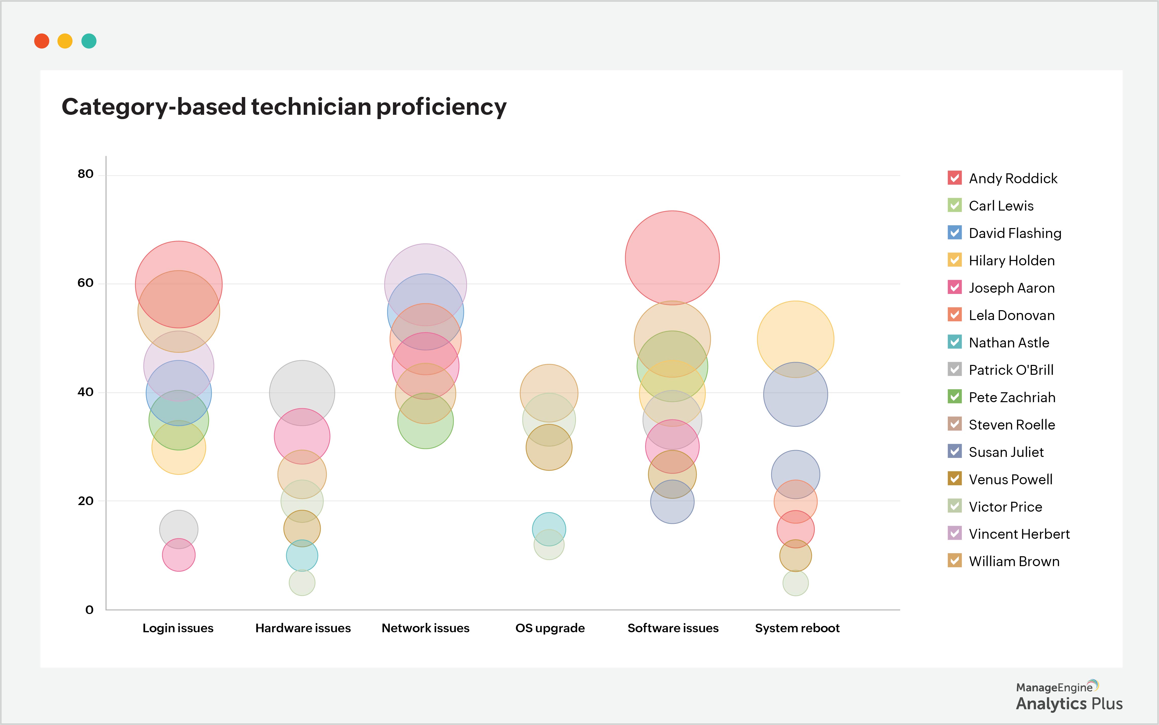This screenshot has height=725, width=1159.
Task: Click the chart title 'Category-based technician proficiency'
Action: (x=284, y=106)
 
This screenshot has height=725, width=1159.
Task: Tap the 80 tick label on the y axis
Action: (x=85, y=174)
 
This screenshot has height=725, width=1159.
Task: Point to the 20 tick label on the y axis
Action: (x=85, y=501)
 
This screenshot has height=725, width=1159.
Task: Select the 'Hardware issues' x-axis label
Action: (x=303, y=628)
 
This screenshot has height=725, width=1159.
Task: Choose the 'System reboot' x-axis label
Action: (x=797, y=628)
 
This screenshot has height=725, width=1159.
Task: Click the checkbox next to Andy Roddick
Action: (x=954, y=178)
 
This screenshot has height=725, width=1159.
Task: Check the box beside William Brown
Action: (x=954, y=561)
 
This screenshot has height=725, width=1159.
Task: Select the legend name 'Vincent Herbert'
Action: (x=1019, y=534)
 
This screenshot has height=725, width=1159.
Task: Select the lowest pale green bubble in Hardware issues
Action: (x=302, y=585)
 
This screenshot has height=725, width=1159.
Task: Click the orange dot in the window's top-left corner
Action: (x=42, y=41)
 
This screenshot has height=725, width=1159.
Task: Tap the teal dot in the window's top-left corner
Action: (x=89, y=41)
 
